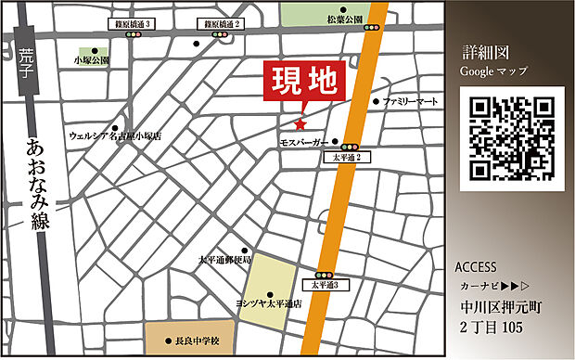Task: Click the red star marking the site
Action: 300,124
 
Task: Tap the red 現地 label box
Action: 304,86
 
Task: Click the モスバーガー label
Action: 304,143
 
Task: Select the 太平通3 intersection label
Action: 324,286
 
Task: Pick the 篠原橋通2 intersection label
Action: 221,22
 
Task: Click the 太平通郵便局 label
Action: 224,261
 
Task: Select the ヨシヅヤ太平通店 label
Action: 268,304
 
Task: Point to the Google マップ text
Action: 494,71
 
